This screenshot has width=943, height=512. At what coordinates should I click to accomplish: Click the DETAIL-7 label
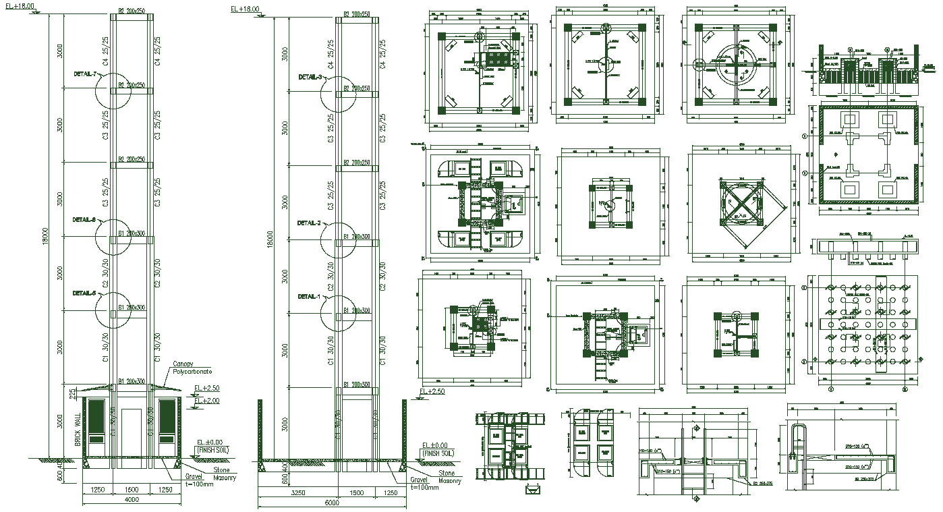point(86,74)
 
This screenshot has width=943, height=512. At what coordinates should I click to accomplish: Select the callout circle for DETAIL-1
point(338,312)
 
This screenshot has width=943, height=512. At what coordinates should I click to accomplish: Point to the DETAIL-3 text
point(310,77)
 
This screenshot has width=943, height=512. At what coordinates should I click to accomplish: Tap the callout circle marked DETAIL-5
point(112,309)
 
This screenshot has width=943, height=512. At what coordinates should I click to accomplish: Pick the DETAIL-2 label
point(310,223)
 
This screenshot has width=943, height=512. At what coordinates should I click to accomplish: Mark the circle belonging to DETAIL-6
point(112,236)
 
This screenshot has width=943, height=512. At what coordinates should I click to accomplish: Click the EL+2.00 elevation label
point(206,401)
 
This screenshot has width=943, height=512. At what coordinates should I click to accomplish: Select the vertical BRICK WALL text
point(78,429)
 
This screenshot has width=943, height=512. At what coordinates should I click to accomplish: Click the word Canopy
point(183,364)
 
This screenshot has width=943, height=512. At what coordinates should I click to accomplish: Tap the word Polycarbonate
point(192,372)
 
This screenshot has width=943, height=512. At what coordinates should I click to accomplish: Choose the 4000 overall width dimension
point(132,500)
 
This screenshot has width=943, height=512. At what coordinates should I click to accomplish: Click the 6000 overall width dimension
point(331,503)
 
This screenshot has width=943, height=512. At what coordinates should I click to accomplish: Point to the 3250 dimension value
point(297,493)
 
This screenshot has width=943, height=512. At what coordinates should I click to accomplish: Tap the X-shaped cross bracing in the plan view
point(741,205)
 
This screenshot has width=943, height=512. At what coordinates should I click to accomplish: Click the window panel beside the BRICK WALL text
point(97,422)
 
